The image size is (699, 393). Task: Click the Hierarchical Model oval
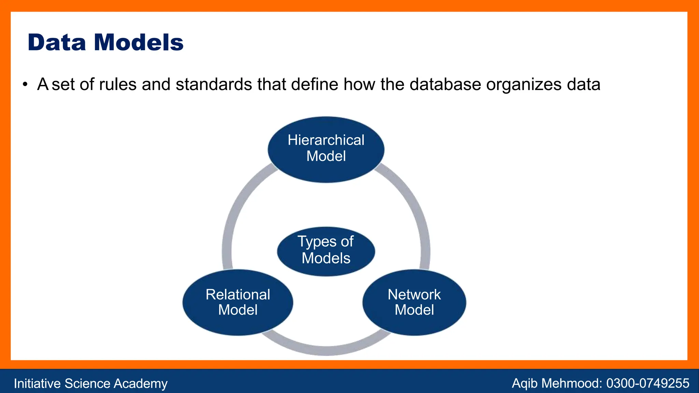point(326,149)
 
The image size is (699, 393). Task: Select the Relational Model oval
point(238,302)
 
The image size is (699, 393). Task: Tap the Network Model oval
point(414,302)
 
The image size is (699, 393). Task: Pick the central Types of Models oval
point(326,251)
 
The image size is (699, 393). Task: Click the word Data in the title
point(57,43)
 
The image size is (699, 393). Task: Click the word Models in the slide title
point(139,43)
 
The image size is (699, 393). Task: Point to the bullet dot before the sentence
point(25,85)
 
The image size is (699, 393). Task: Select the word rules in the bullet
point(118,84)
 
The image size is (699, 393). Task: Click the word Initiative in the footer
point(37,383)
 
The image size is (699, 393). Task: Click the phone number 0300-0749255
point(647,383)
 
